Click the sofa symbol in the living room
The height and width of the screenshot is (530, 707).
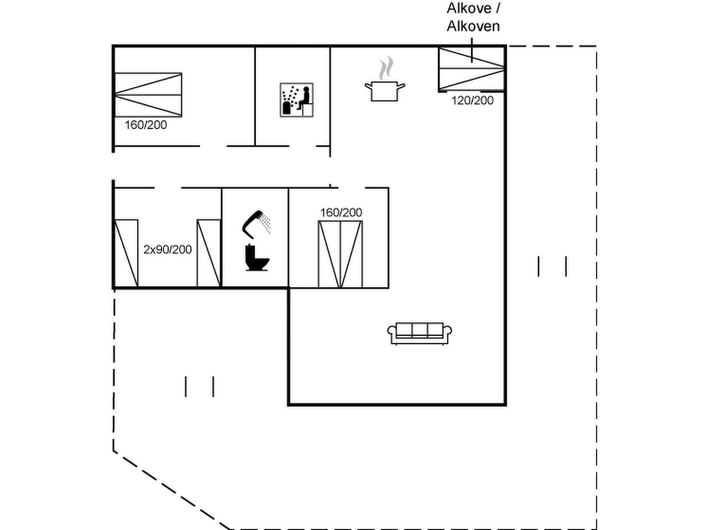pyautogui.click(x=419, y=333)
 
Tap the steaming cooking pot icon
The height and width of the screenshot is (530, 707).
pyautogui.click(x=384, y=91)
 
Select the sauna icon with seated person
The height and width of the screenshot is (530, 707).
pyautogui.click(x=296, y=100)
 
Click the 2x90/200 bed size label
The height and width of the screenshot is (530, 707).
pyautogui.click(x=167, y=250)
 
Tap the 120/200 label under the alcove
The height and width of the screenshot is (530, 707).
pyautogui.click(x=472, y=101)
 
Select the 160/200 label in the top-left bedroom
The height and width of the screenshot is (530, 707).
pyautogui.click(x=146, y=125)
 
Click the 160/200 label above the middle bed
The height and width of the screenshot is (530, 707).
pyautogui.click(x=341, y=212)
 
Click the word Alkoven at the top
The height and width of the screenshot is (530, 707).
pyautogui.click(x=473, y=26)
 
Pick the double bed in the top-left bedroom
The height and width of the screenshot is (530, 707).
pyautogui.click(x=148, y=95)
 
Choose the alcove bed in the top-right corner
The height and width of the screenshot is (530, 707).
pyautogui.click(x=471, y=69)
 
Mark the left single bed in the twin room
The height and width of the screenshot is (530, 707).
pyautogui.click(x=126, y=253)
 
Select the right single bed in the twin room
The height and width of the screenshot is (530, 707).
pyautogui.click(x=209, y=253)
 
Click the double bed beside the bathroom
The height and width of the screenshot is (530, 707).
pyautogui.click(x=340, y=254)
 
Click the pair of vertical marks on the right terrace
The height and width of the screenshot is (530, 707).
pyautogui.click(x=552, y=266)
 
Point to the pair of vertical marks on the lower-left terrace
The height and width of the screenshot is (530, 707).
pyautogui.click(x=200, y=386)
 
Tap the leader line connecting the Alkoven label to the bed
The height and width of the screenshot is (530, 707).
pyautogui.click(x=471, y=49)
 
